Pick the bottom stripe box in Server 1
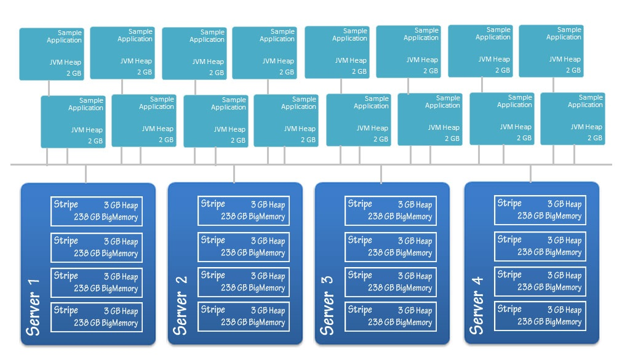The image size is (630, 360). pos(97,317)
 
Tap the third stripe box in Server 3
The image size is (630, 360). pos(391,282)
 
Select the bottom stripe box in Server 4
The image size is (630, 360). pos(540,316)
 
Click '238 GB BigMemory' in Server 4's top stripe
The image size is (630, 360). pos(549,216)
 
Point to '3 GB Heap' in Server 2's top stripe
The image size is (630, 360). pos(268,205)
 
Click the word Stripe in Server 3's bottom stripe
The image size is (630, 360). pos(360,310)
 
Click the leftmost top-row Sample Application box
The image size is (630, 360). pos(51,54)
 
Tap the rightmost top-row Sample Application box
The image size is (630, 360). pos(551,51)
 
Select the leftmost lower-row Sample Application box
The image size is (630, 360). pos(73,122)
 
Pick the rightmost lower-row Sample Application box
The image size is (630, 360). pos(573,119)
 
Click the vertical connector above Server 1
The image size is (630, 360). pos(86,174)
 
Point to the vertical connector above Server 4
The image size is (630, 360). pos(531,174)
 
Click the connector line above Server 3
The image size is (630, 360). pos(381,174)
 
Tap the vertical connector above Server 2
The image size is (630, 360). pos(234,174)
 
